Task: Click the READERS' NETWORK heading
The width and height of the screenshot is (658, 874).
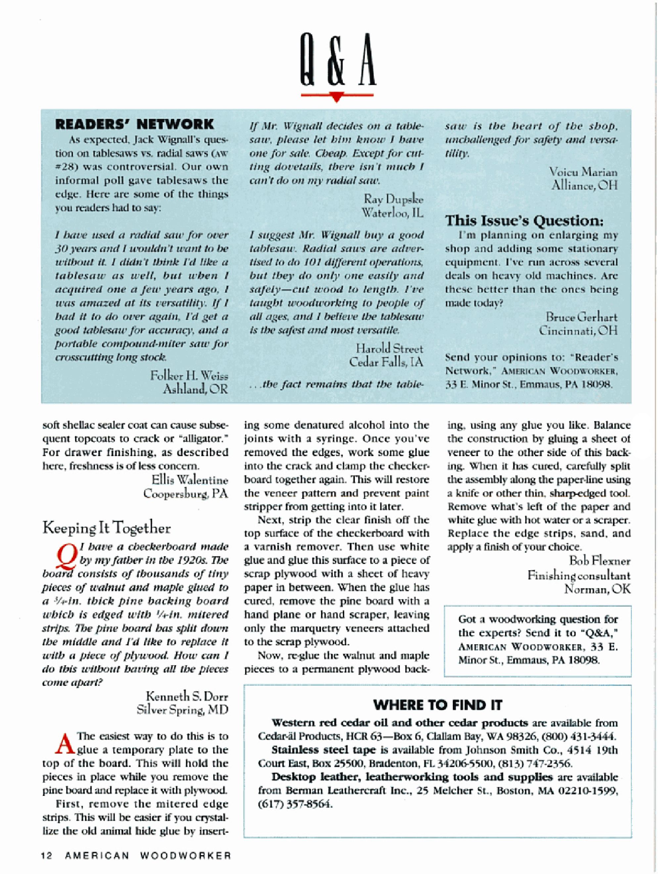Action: [x=134, y=124]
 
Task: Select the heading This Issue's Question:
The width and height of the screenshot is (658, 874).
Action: [x=524, y=220]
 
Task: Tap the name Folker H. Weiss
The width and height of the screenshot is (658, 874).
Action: [x=189, y=375]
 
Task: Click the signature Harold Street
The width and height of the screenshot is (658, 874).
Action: [x=389, y=348]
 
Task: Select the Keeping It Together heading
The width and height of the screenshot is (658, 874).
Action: [x=107, y=528]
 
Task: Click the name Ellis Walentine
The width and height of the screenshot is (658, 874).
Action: [x=190, y=480]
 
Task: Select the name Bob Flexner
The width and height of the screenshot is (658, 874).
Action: [x=599, y=561]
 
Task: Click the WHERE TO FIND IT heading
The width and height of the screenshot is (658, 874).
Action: [x=438, y=705]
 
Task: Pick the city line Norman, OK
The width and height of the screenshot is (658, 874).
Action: [x=597, y=589]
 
